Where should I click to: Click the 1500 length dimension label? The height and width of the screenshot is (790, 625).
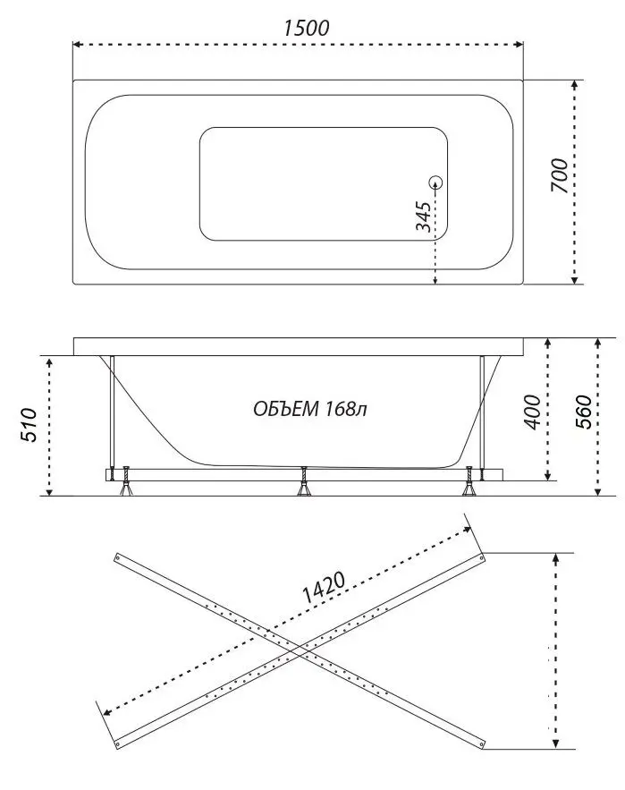pos(306,27)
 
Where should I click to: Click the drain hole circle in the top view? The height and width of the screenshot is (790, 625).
pos(435,183)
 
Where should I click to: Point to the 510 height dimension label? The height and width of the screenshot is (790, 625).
pos(28,425)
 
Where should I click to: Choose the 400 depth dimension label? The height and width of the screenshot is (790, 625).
pos(533,412)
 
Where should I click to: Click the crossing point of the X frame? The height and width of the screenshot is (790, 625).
pos(299,649)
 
